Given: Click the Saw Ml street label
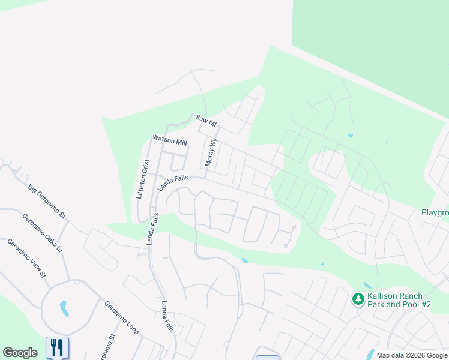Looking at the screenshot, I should tap(205, 122).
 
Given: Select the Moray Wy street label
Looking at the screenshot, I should tap(211, 152).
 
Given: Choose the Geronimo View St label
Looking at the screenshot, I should tap(26, 258).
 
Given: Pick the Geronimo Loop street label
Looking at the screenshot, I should tap(121, 317).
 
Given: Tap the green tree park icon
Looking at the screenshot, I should tap(358, 298).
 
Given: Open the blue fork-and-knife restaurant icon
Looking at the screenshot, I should tap(57, 347).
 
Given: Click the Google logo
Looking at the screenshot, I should tap(20, 353).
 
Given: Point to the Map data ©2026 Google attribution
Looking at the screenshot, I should tap(412, 355).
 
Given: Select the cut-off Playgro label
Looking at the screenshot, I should tap(435, 213).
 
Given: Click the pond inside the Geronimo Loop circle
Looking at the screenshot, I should tap(64, 308).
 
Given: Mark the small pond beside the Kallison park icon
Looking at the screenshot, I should tap(367, 286).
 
